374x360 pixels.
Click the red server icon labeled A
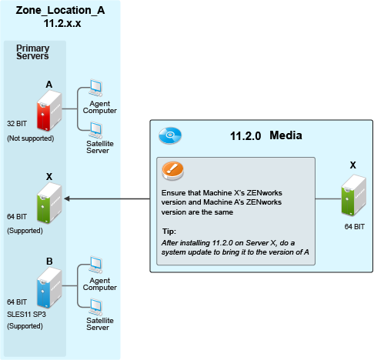point(49,111)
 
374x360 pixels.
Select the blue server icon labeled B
point(49,288)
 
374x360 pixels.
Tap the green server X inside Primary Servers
point(49,203)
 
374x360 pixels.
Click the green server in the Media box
point(353,195)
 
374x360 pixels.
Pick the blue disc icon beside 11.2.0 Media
point(170,135)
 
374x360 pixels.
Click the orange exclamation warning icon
point(173,171)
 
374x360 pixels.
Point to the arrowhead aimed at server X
point(67,198)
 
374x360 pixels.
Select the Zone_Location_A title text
point(60,10)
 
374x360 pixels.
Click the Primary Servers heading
point(32,52)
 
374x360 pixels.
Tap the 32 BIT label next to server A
point(17,124)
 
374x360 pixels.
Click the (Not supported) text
point(31,138)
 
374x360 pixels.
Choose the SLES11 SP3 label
point(26,314)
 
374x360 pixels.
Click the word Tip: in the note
point(169,232)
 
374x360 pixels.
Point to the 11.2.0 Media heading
point(266,135)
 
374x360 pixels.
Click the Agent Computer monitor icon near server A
point(95,88)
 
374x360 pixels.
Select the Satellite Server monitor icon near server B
point(95,307)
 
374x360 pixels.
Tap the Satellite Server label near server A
point(100,147)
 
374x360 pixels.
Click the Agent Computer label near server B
point(100,284)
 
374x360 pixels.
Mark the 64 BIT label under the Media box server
point(355,227)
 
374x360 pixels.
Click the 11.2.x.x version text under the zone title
point(62,23)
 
